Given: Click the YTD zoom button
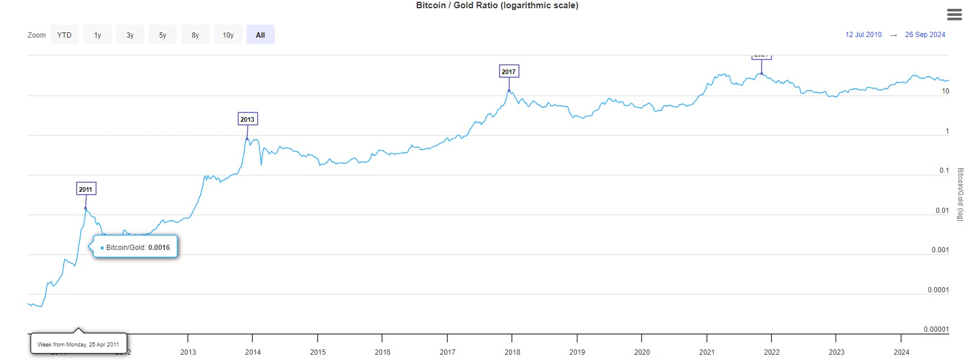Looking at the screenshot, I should [x=65, y=35].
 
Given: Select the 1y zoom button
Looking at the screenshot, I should [x=98, y=35].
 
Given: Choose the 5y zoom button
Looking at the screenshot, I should [x=162, y=35].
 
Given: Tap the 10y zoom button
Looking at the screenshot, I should [x=228, y=35].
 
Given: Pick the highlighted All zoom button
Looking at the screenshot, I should [x=260, y=35].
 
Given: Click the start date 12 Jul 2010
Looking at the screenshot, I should [x=863, y=35].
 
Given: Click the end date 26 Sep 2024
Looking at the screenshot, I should [x=925, y=35].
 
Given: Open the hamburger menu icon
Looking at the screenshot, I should [x=955, y=15].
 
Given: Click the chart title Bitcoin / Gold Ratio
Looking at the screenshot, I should [x=497, y=5].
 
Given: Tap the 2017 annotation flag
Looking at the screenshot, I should [x=508, y=72].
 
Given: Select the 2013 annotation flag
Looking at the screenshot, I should [x=247, y=119].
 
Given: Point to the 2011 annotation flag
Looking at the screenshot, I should [x=86, y=189].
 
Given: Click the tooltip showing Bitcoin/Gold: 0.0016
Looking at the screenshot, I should [x=135, y=248].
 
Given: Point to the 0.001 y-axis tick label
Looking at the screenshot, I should [x=940, y=250].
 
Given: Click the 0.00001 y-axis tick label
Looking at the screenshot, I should [x=936, y=329].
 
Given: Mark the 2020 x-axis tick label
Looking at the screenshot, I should [x=642, y=352].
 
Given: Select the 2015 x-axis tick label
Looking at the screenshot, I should [x=318, y=352].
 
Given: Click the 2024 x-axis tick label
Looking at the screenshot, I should [x=901, y=352].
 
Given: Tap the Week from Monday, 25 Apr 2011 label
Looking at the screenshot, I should [x=78, y=345].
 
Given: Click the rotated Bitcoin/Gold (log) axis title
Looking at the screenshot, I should [x=960, y=194].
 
